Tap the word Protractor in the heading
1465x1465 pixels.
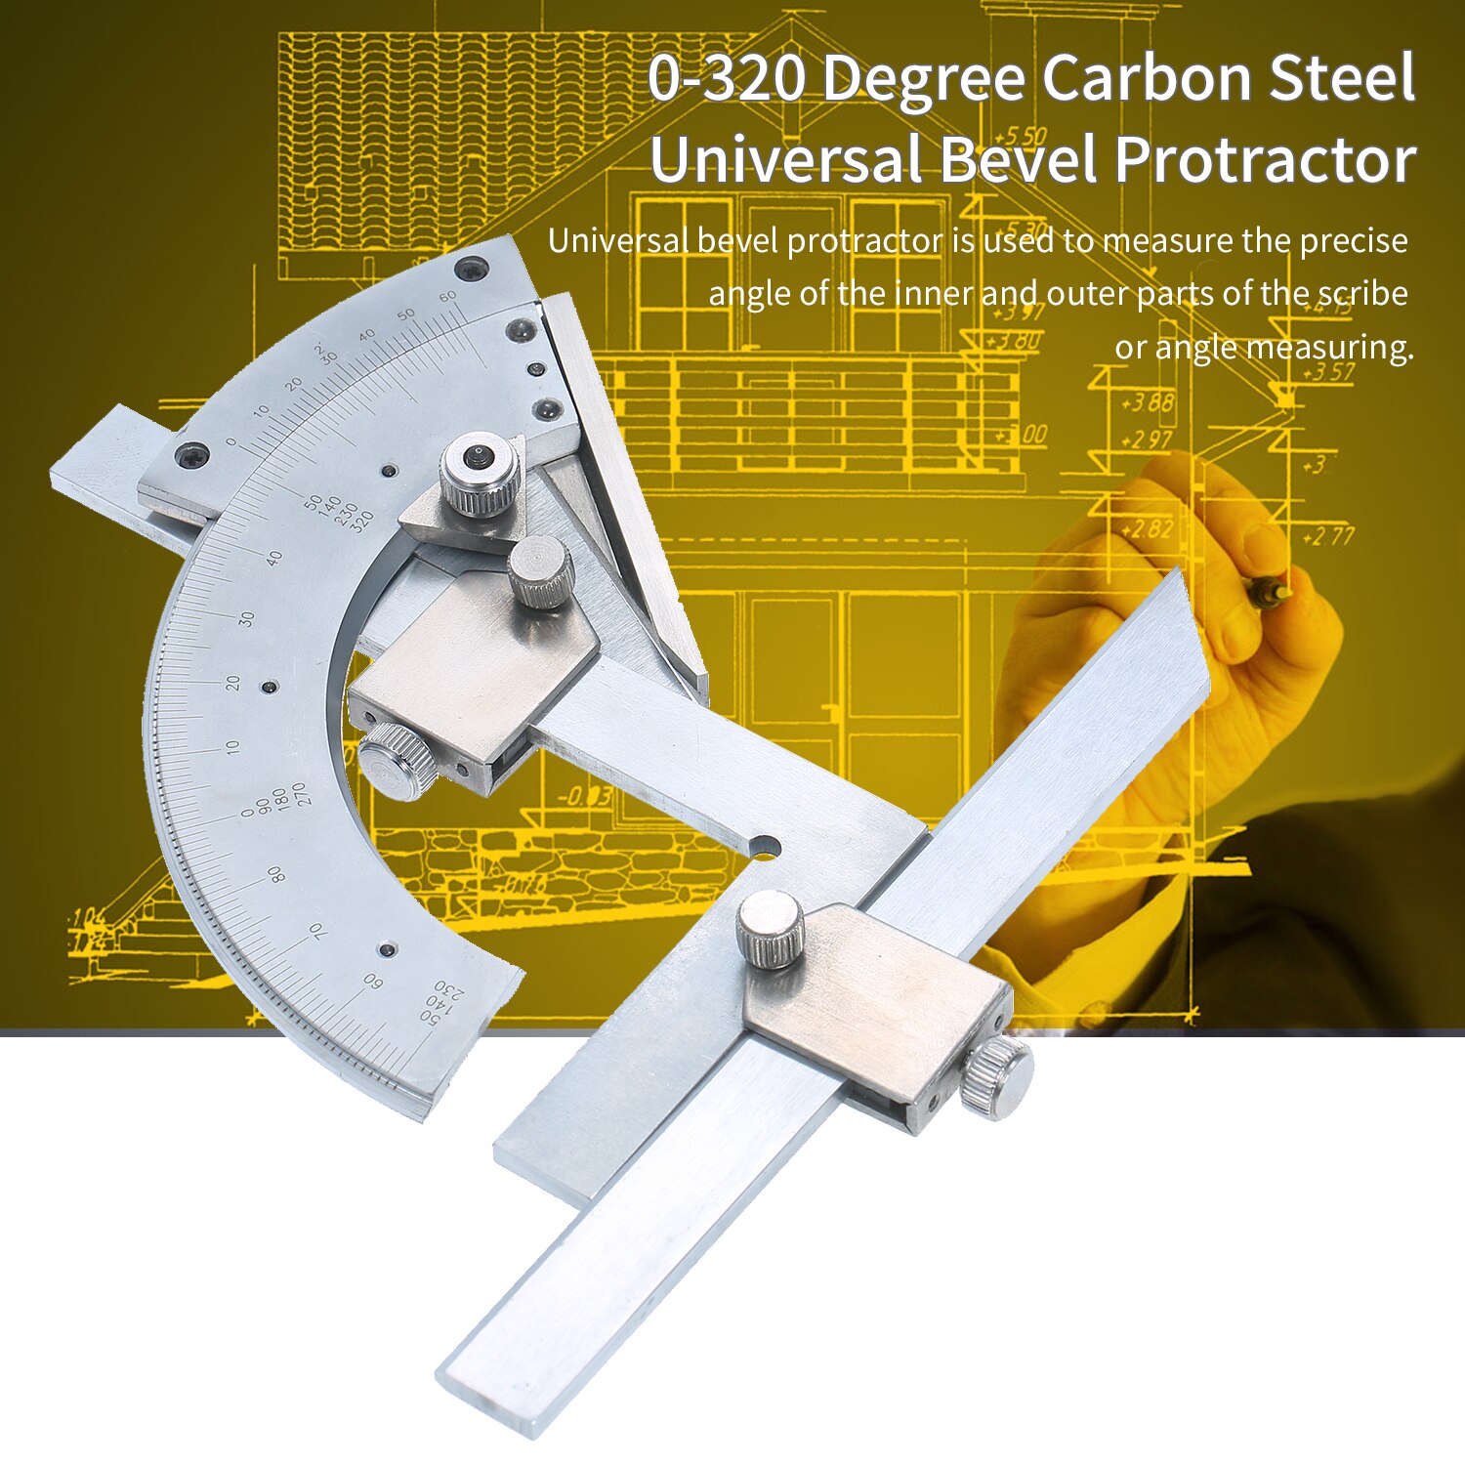[1266, 159]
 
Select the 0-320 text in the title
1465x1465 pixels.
[729, 78]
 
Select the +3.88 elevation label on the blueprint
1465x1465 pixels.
[1148, 402]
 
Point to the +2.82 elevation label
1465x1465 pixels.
[1146, 529]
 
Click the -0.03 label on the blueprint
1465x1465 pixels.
[584, 797]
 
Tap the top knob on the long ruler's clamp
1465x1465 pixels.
[770, 931]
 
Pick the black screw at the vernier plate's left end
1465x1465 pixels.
[188, 453]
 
